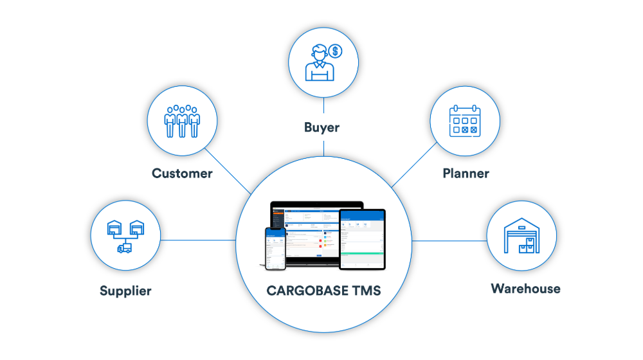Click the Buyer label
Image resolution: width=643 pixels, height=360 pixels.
click(321, 128)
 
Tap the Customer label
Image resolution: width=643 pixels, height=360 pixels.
click(182, 173)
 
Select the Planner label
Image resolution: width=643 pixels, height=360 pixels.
click(466, 173)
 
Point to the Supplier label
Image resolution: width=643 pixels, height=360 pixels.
click(125, 291)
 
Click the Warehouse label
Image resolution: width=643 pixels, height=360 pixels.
click(525, 288)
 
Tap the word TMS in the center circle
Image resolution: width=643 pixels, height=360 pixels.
click(364, 291)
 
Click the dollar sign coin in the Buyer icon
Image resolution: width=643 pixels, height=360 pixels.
click(334, 51)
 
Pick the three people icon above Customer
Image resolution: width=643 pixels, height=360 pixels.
click(182, 121)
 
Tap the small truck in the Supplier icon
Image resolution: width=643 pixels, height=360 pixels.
click(124, 248)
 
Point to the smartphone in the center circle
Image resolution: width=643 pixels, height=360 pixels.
click(275, 248)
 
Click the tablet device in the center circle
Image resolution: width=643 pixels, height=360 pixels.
click(362, 238)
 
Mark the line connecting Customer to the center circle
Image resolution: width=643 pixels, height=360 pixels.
click(228, 170)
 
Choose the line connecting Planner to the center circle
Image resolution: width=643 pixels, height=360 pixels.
click(415, 165)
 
